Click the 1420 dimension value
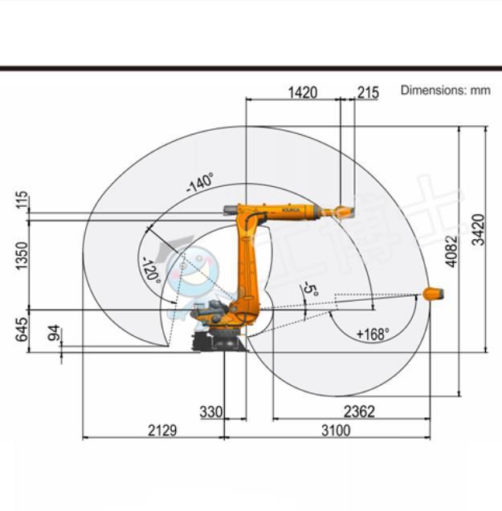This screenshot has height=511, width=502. pyautogui.click(x=302, y=92)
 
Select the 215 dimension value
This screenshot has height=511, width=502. pyautogui.click(x=368, y=92)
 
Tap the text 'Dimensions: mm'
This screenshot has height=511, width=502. pyautogui.click(x=445, y=90)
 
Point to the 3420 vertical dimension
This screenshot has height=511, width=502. pyautogui.click(x=478, y=229)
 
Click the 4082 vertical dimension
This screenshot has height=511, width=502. pyautogui.click(x=451, y=250)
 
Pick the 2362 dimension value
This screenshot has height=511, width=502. pyautogui.click(x=359, y=412)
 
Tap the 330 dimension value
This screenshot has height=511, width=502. pyautogui.click(x=210, y=412)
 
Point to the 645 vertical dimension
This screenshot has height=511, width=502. pyautogui.click(x=22, y=329)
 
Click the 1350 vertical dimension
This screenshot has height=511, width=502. pyautogui.click(x=22, y=255)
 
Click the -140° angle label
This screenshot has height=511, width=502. pyautogui.click(x=200, y=183)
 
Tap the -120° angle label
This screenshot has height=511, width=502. pyautogui.click(x=150, y=270)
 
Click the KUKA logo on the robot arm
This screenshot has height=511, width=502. pyautogui.click(x=290, y=210)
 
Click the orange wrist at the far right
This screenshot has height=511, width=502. pyautogui.click(x=433, y=294)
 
